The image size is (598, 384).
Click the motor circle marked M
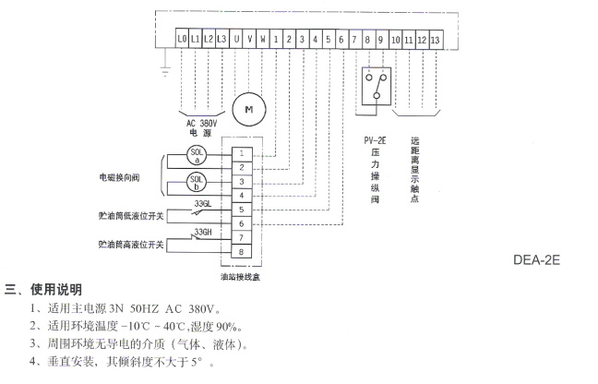click(x=247, y=110)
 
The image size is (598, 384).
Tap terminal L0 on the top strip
click(x=181, y=40)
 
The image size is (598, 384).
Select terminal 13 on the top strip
click(x=435, y=40)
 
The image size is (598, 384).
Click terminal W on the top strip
click(x=263, y=40)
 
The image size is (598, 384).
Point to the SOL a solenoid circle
click(x=195, y=153)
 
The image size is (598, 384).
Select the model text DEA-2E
click(x=536, y=261)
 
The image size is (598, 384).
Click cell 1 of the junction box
click(x=241, y=152)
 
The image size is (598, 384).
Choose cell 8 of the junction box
click(x=241, y=251)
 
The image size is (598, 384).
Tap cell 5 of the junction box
click(x=241, y=209)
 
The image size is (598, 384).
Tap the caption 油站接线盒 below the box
click(x=240, y=274)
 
